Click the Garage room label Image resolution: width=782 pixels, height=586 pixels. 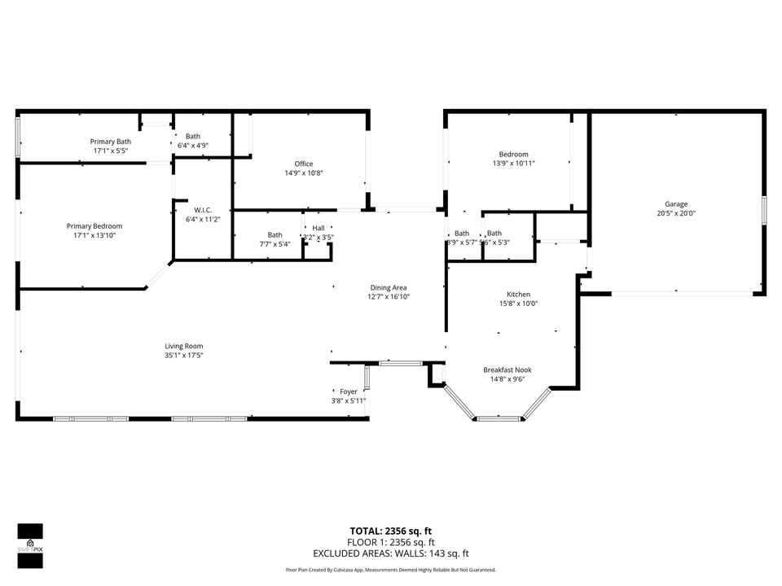coord(675,204)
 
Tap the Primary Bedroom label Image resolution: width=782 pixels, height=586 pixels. coord(94,226)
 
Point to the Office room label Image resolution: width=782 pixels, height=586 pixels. coord(304,164)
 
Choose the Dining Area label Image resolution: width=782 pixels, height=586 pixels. coord(389,287)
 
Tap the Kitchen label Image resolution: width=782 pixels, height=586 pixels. coord(518,295)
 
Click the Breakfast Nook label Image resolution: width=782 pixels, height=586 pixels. coord(507,370)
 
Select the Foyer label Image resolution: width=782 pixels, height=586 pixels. coord(349,391)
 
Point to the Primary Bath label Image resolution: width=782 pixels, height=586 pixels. coord(110,142)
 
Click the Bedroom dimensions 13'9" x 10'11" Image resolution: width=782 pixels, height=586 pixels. coord(513,163)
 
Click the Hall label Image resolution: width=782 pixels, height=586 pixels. coord(318,228)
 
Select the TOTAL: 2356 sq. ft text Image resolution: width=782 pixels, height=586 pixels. coord(391,531)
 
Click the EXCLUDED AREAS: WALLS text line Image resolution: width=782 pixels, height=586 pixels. coord(391,553)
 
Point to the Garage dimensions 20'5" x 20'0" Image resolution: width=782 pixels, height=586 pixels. coord(675,213)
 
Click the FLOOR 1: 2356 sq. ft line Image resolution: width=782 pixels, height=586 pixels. coord(391,542)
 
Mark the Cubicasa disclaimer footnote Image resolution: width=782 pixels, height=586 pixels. coord(391,570)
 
